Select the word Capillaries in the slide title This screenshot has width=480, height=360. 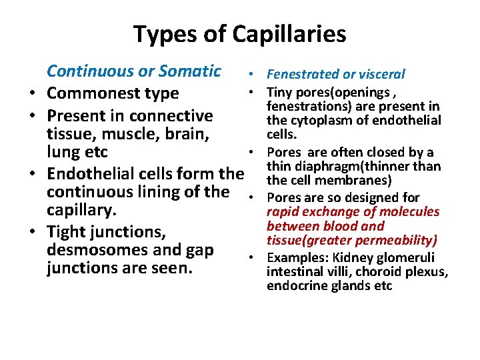click(289, 34)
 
